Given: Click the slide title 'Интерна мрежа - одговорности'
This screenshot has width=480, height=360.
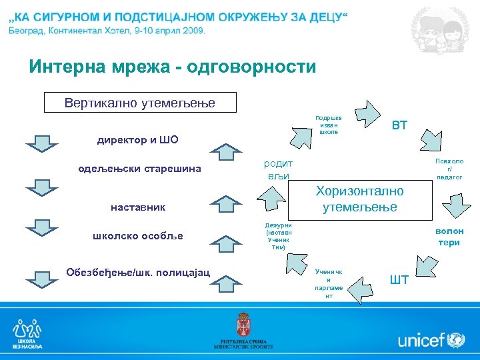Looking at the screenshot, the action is (x=172, y=67).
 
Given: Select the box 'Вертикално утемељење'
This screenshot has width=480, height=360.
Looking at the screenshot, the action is (x=139, y=103).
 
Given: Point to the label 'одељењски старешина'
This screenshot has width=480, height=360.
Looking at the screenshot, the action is (x=140, y=169).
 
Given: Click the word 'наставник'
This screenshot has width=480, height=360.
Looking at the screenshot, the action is (x=138, y=208).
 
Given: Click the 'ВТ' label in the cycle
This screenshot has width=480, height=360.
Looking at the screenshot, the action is (x=399, y=125).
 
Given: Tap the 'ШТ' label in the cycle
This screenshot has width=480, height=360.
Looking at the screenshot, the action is (x=399, y=279).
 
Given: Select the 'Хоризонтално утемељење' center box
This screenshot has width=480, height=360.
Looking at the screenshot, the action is (x=359, y=199).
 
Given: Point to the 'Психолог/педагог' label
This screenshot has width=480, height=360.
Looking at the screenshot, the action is (x=449, y=169).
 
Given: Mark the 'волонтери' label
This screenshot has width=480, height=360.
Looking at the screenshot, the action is (x=449, y=237).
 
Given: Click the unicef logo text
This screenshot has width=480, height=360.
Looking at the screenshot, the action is (x=421, y=341).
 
